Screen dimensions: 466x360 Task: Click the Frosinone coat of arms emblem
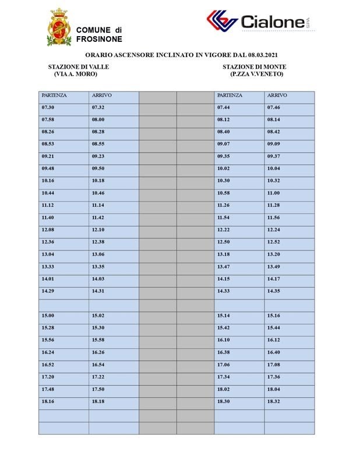pos(59,27)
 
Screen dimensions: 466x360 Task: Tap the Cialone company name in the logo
pos(272,22)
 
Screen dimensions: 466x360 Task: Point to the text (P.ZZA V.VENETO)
pos(256,74)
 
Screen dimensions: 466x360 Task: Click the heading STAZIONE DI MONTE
pos(254,67)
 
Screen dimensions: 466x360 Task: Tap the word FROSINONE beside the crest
pos(99,39)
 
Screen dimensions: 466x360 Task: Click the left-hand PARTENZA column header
pos(54,95)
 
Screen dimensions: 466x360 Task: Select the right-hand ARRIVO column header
pos(277,95)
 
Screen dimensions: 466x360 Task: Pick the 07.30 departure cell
pos(48,108)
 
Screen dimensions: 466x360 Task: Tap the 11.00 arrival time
pos(273,193)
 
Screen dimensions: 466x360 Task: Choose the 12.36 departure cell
pos(48,242)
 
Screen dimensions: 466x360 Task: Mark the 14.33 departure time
pos(224,291)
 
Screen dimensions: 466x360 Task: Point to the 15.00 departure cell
pos(48,315)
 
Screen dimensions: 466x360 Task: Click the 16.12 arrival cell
pos(273,340)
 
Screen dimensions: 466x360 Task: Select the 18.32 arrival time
pos(273,401)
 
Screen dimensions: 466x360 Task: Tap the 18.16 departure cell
pos(48,401)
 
